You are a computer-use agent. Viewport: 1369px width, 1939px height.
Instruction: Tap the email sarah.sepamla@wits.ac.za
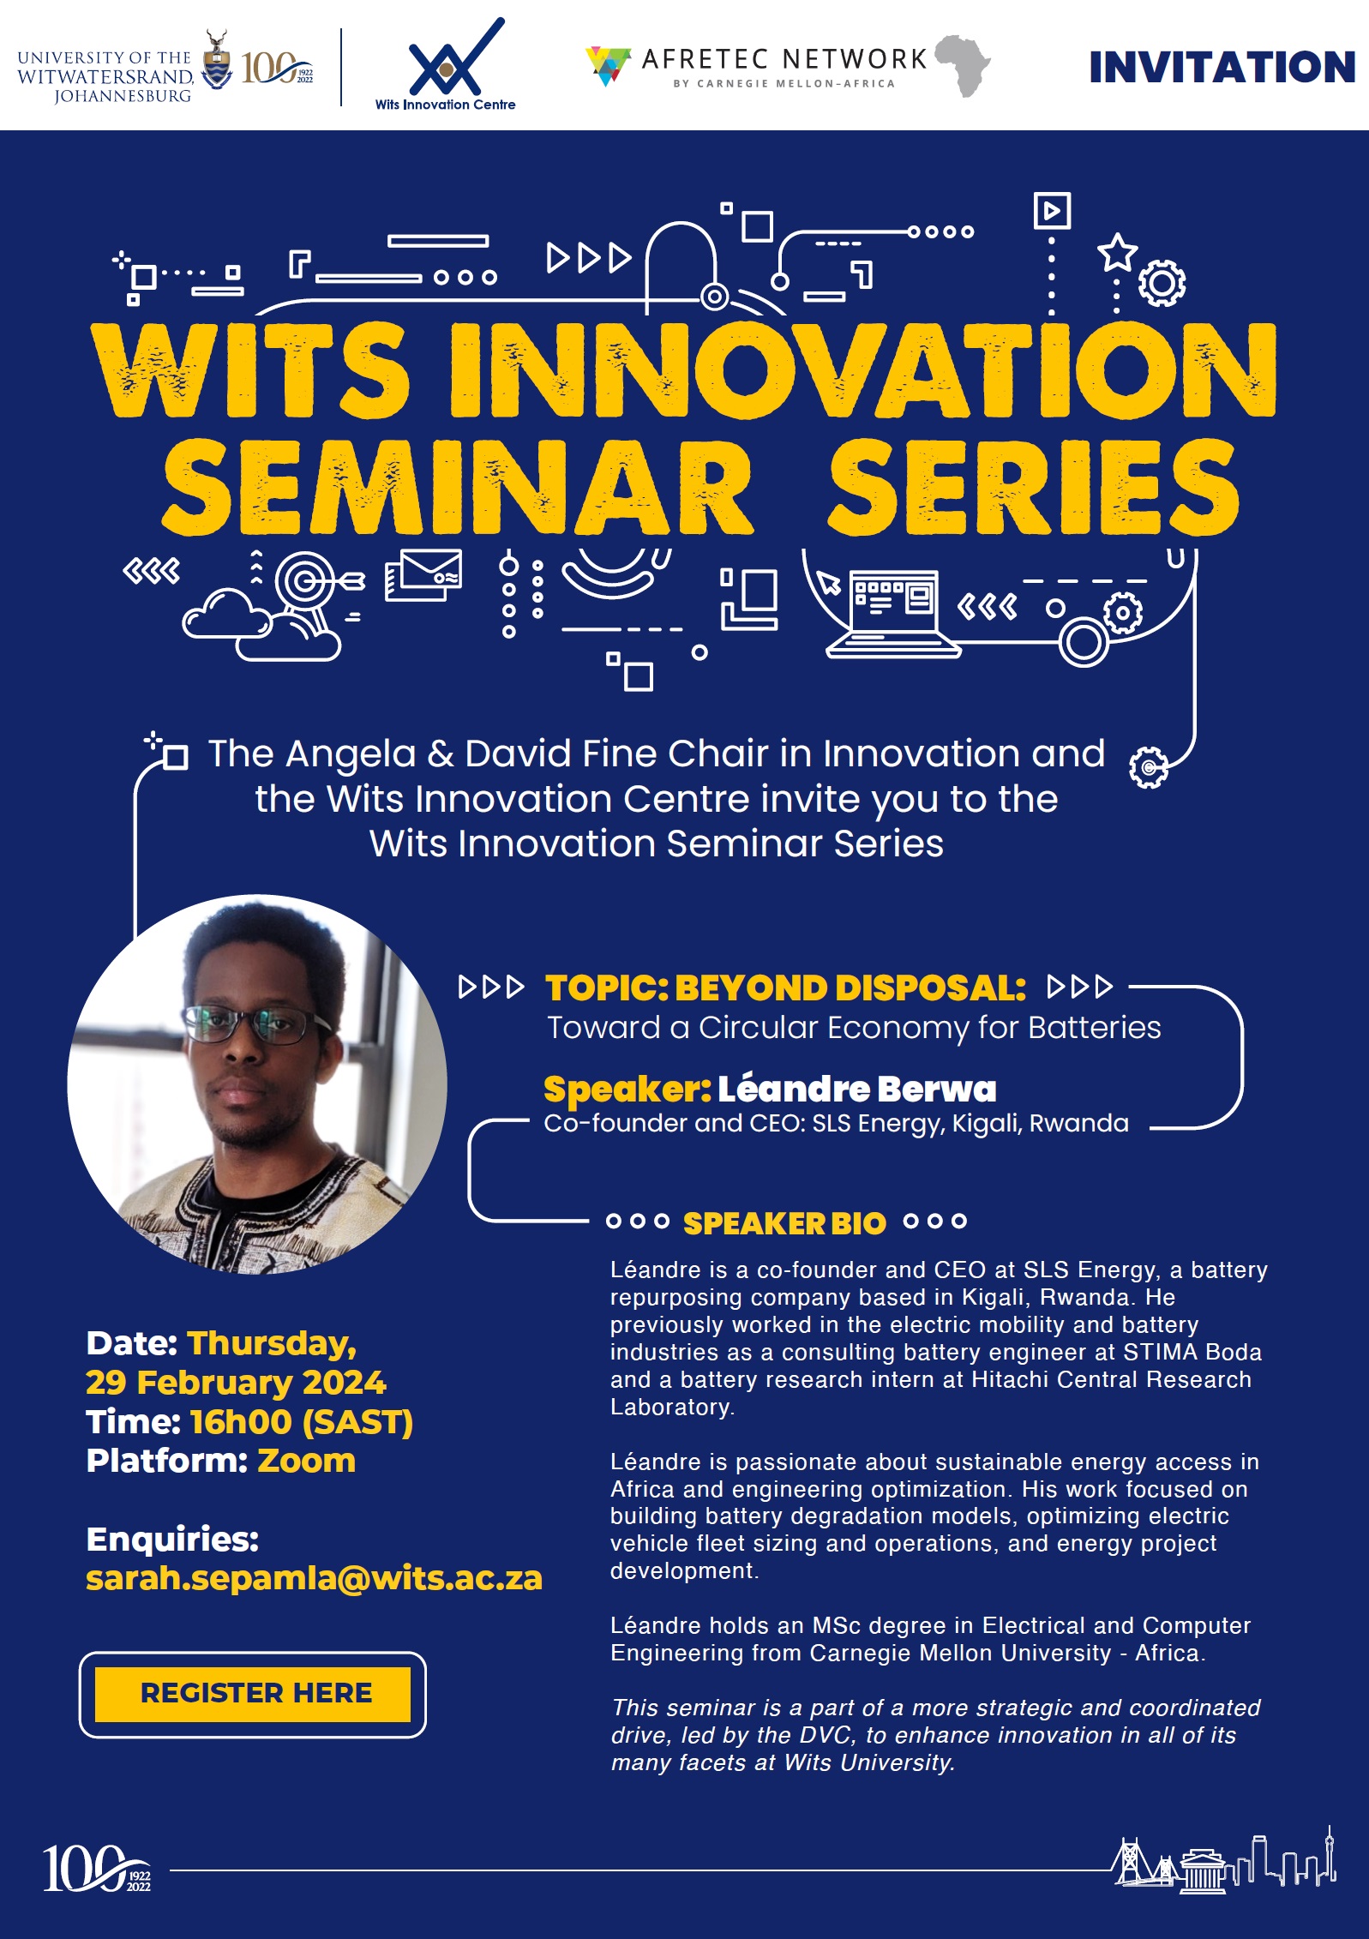[x=314, y=1578]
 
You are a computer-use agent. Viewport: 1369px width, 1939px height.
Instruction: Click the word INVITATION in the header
[x=1221, y=68]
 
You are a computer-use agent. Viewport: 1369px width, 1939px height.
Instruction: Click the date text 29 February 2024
[x=236, y=1382]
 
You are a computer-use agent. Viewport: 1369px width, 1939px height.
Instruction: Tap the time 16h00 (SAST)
[x=301, y=1422]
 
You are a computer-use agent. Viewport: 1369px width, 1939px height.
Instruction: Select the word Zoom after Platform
[x=306, y=1461]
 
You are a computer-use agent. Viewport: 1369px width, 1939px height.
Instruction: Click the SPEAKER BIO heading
[x=784, y=1223]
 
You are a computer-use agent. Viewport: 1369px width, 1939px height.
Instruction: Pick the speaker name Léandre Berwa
[x=856, y=1089]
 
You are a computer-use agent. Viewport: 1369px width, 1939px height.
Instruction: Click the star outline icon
[x=1118, y=252]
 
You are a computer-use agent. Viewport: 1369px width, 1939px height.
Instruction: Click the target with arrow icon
[x=309, y=582]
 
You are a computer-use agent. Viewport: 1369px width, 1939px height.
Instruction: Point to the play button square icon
[x=1052, y=210]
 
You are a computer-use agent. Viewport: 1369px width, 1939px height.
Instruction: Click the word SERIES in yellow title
[x=1032, y=487]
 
